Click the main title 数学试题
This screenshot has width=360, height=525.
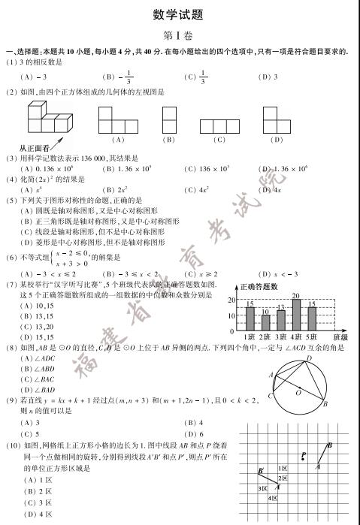point(180,14)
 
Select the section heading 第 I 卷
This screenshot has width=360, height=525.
point(180,35)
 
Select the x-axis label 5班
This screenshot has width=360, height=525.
point(311,337)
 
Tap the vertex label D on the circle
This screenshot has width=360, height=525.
point(307,360)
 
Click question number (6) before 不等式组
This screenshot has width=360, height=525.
point(11,258)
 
